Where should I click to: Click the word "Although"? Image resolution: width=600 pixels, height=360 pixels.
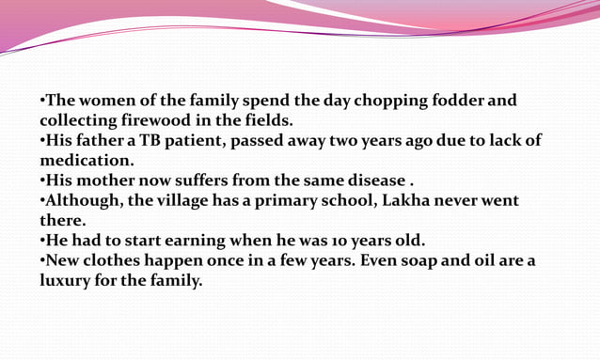[85, 201]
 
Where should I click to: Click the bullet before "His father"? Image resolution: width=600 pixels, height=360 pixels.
[42, 141]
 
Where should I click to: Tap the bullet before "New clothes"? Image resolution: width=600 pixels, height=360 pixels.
[42, 261]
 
